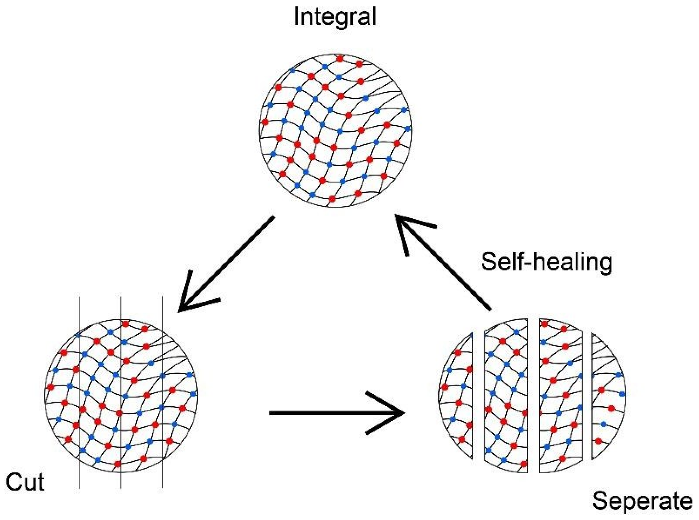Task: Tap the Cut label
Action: pos(25,482)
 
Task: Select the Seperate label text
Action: pos(642,501)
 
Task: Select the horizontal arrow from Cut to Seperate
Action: pos(336,413)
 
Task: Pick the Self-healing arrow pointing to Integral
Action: pos(444,262)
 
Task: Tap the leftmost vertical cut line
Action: pos(79,478)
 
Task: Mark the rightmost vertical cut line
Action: pos(163,478)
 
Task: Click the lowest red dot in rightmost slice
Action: pos(598,441)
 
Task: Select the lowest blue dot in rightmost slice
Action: pos(603,424)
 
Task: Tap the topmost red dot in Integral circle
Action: pos(340,59)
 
